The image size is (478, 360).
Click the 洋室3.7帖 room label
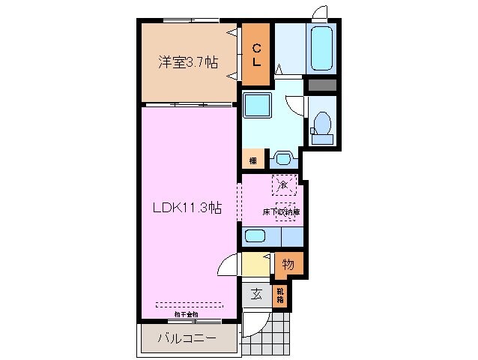[x=187, y=63]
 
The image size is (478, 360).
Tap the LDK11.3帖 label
[x=187, y=208]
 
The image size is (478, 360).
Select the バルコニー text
[x=187, y=338]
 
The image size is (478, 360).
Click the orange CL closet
[x=256, y=55]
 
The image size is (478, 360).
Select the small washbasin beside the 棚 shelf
[x=282, y=159]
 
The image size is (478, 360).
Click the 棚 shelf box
[x=252, y=160]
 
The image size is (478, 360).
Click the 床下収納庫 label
[x=282, y=212]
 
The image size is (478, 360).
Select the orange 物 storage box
[x=288, y=263]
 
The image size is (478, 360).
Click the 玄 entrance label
[x=255, y=294]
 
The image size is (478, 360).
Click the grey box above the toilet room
[x=323, y=85]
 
